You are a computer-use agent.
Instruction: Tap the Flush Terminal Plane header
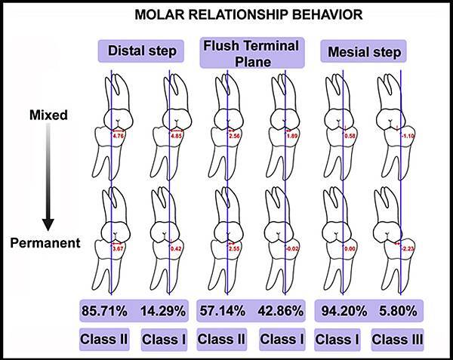(250, 51)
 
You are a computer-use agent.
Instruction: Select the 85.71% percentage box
(106, 309)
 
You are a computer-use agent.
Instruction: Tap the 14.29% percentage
(163, 309)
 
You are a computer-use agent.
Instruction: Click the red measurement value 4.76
(118, 137)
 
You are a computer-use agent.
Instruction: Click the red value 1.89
(292, 137)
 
